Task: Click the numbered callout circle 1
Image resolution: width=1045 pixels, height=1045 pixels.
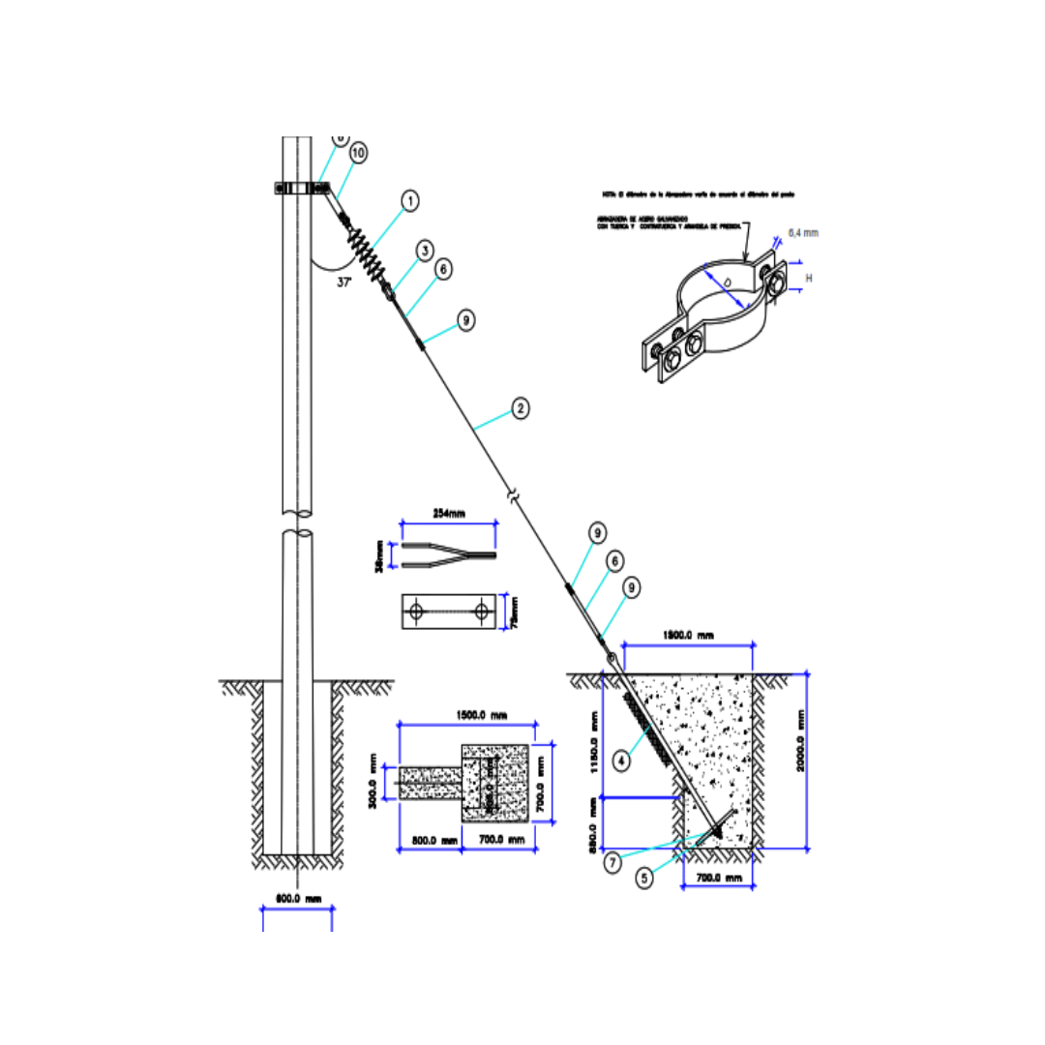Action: tap(410, 201)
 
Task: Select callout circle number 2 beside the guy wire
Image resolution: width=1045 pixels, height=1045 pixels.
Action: tap(520, 408)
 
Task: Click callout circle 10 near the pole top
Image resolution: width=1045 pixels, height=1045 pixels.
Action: tap(358, 153)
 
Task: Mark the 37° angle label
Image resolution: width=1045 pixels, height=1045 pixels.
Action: tap(343, 283)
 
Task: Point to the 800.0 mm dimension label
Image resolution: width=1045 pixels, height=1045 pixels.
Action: tap(433, 841)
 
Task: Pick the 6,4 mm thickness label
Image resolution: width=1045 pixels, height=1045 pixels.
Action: tap(804, 233)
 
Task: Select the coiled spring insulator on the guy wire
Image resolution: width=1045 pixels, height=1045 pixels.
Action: tap(368, 255)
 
